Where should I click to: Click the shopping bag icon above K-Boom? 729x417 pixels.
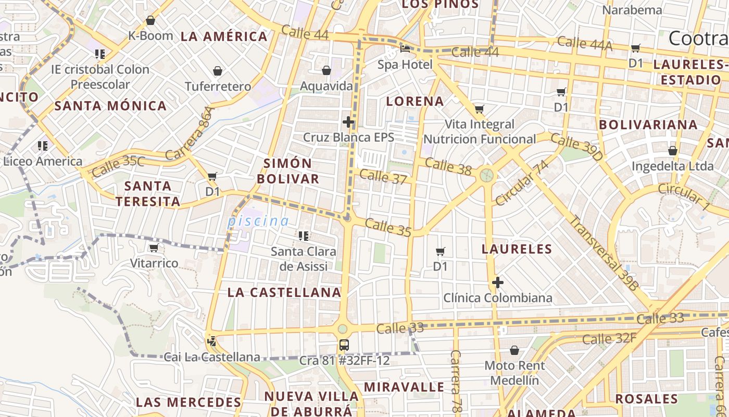point(150,21)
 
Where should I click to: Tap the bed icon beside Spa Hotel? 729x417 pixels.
point(405,50)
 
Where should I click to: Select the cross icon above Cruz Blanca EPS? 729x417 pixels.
point(348,122)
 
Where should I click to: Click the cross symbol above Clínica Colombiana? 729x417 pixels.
point(498,283)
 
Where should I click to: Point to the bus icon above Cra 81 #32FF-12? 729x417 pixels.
point(344,345)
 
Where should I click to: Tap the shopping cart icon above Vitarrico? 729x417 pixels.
point(154,248)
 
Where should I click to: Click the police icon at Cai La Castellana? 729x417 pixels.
point(211,342)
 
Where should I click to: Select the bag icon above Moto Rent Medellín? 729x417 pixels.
point(514,350)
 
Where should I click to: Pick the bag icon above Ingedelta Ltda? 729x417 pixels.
point(673,151)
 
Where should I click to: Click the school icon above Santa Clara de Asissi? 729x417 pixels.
point(304,236)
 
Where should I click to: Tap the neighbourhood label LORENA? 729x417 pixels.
point(415,101)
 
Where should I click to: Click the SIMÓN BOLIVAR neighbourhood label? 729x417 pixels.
point(288,171)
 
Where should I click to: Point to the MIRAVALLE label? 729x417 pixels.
point(404,387)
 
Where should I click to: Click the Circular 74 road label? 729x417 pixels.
point(522,182)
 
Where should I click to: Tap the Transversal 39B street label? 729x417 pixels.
point(604,252)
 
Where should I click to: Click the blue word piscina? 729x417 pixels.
point(258,221)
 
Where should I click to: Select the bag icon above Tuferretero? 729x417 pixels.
point(218,71)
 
